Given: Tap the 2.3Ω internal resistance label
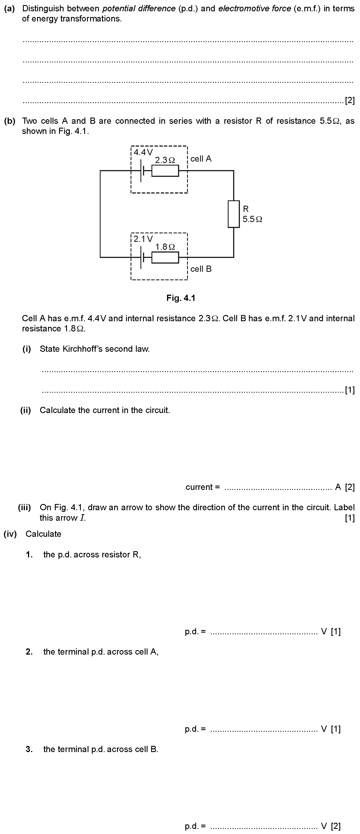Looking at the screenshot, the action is tap(165, 160).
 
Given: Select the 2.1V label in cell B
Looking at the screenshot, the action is tap(143, 239).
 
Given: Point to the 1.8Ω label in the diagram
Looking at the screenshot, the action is tap(165, 247).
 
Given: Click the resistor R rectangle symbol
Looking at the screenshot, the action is tap(234, 214).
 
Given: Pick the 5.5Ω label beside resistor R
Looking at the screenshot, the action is tap(252, 219).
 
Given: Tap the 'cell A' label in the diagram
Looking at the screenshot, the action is tap(201, 159).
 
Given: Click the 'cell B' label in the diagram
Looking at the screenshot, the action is tap(201, 269).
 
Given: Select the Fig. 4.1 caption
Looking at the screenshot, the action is tap(181, 298).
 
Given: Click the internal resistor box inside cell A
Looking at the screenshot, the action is tap(165, 171).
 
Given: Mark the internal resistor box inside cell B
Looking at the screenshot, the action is tap(165, 257).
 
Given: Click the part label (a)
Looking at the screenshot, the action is tap(10, 8).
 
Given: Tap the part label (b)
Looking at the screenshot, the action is tap(10, 121).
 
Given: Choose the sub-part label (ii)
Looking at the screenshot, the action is tap(26, 410).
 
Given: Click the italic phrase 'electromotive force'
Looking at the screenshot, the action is tap(255, 8).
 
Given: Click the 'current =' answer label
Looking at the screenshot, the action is tap(203, 487).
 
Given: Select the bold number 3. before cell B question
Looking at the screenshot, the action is tap(29, 749).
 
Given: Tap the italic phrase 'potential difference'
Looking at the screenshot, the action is tap(139, 8).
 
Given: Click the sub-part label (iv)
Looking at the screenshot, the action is tap(10, 534).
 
